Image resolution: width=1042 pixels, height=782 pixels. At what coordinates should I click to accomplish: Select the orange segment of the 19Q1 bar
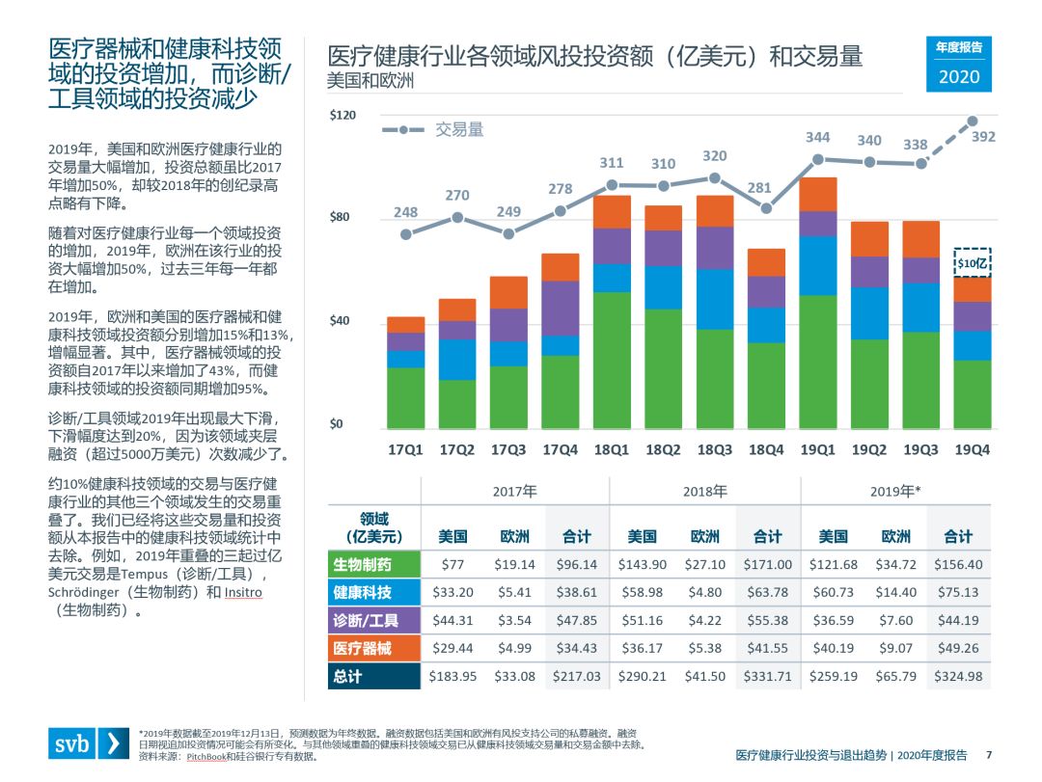coord(818,194)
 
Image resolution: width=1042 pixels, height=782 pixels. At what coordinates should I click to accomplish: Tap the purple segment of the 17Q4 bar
coord(561,308)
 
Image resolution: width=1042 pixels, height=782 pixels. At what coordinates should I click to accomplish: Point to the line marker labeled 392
coord(973,121)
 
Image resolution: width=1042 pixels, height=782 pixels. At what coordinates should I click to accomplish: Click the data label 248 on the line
coord(405,212)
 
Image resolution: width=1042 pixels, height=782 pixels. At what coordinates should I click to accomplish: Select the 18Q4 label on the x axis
coord(766,449)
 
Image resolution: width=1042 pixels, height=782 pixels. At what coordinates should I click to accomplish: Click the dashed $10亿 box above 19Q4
coord(973,261)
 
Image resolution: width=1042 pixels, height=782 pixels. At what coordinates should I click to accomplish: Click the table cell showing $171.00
coord(768,564)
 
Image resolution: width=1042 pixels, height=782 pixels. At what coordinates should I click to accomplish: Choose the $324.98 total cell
coord(958,676)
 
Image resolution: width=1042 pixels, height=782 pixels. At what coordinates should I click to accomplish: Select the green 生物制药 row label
coord(372,564)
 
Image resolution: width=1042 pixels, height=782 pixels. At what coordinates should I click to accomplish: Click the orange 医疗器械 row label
coord(372,648)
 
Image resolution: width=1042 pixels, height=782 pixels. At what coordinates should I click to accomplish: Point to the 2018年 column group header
coord(704,491)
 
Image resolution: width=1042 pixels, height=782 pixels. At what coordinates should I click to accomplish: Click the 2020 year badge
coord(958,76)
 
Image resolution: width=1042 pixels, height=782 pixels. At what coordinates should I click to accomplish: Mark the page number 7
coord(988,755)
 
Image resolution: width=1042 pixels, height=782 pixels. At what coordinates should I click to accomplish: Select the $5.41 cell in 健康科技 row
coord(514,592)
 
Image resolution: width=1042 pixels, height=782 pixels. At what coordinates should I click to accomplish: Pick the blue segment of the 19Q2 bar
coord(869,313)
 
